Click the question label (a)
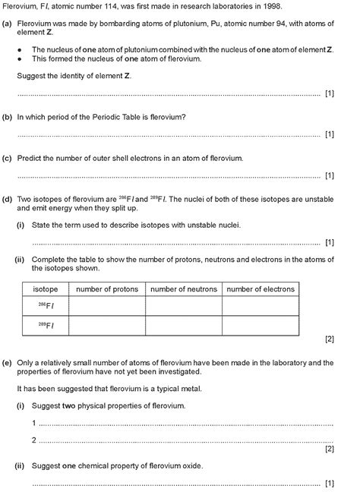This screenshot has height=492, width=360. (7, 24)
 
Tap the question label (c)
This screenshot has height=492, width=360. (7, 159)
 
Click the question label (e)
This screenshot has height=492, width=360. (7, 362)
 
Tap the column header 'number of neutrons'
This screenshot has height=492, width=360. (184, 289)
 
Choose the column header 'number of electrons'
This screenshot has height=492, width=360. (261, 289)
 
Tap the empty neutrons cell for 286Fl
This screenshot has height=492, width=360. (184, 305)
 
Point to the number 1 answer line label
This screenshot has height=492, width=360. (34, 423)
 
